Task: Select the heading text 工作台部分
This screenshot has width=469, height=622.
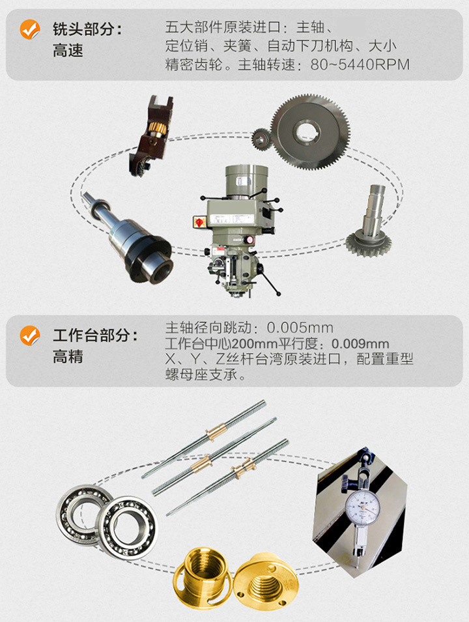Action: point(95,336)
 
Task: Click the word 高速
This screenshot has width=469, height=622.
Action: point(68,51)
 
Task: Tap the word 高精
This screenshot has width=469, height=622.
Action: point(68,357)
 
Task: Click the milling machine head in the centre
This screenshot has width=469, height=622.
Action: point(237,221)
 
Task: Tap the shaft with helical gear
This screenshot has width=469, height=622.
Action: point(369,225)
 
